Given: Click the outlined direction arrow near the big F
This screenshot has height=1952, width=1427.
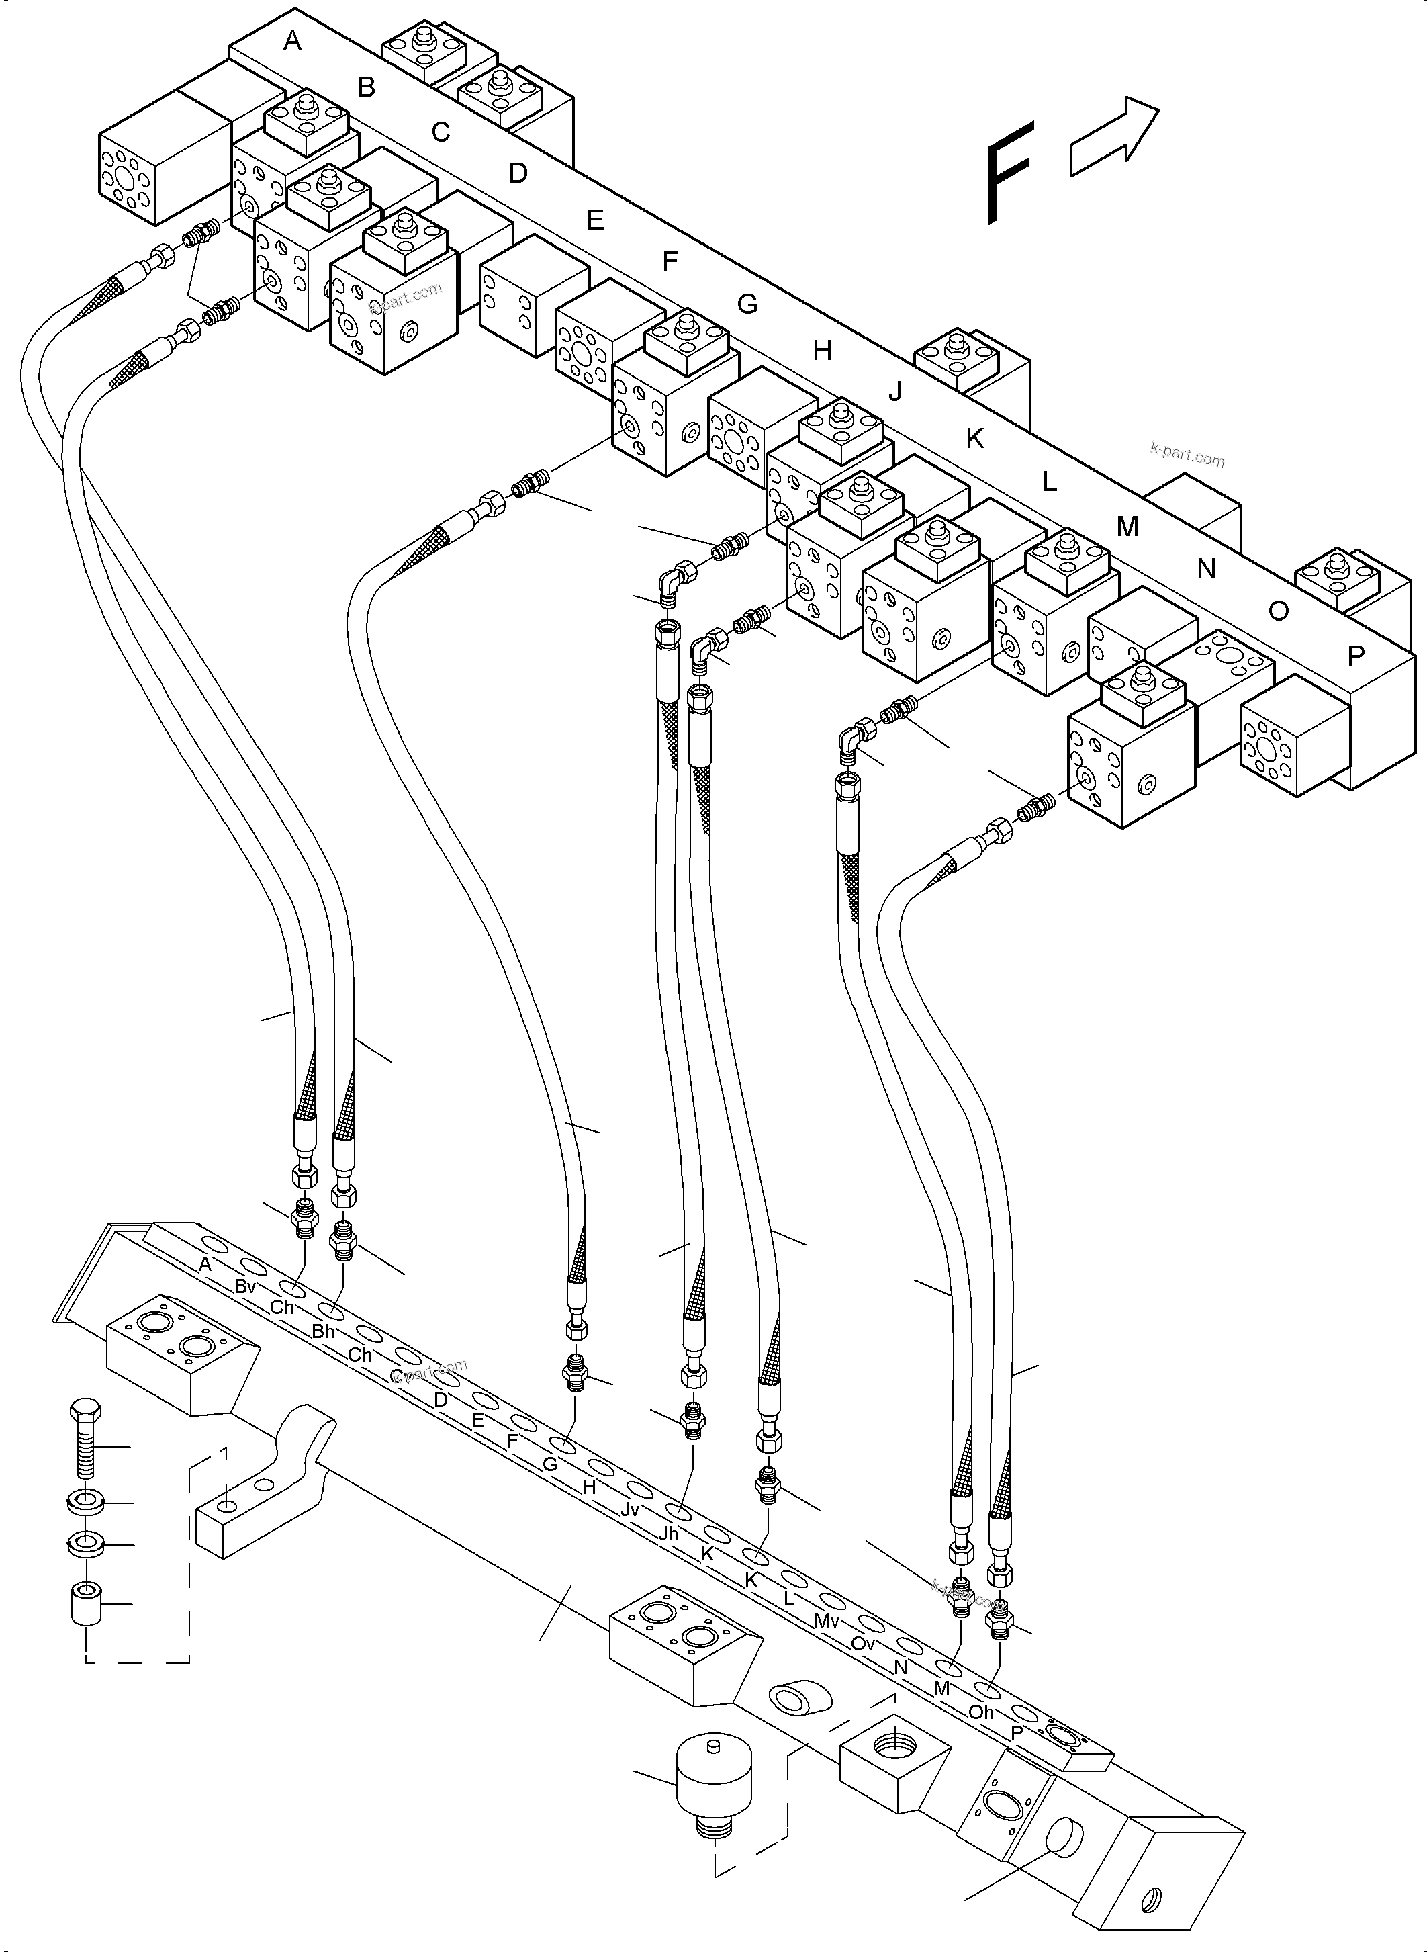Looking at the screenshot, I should click(x=1113, y=138).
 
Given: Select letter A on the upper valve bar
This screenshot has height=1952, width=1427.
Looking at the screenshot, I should click(x=293, y=40).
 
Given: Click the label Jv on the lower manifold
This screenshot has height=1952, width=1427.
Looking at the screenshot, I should click(x=630, y=1509).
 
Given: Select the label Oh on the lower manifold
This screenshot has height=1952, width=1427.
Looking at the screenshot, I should click(x=981, y=1712).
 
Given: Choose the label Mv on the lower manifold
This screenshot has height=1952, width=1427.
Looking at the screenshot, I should click(x=827, y=1621).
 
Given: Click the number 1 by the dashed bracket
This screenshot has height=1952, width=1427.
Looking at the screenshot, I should click(x=224, y=1454).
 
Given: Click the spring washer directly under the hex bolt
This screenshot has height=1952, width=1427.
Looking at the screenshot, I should click(x=85, y=1502).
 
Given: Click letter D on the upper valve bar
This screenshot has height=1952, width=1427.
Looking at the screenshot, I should click(x=518, y=174).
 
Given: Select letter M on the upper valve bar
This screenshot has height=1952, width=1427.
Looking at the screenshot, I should click(x=1127, y=526).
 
